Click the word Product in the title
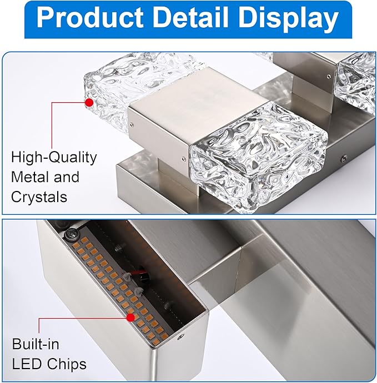[x=90, y=18]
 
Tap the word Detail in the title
[x=190, y=18]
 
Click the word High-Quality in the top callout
[x=54, y=158]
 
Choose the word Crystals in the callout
[x=39, y=197]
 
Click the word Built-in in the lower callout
[x=36, y=344]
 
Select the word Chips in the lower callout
[x=67, y=364]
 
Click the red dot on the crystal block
[x=89, y=103]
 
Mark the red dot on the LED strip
[x=130, y=318]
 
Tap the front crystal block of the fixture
[x=258, y=158]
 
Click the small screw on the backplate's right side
[x=344, y=159]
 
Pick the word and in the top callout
[x=67, y=177]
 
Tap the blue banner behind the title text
[x=188, y=19]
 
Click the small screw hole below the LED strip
[x=180, y=337]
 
